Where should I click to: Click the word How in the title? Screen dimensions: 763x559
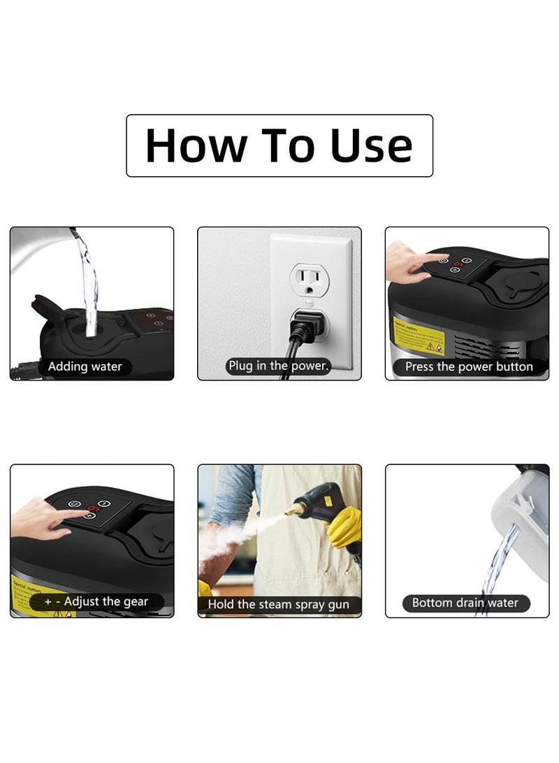click(x=196, y=145)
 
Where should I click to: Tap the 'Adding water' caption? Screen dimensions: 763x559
click(x=85, y=366)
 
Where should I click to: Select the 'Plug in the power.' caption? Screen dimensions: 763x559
click(x=278, y=366)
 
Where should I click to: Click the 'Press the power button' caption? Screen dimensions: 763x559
click(x=469, y=366)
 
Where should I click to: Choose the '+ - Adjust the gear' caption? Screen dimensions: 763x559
click(x=96, y=601)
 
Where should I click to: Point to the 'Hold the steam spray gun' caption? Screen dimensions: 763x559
click(x=279, y=604)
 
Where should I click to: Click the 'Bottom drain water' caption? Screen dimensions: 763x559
click(x=465, y=603)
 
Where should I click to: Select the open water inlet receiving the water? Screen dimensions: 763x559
click(x=92, y=329)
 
